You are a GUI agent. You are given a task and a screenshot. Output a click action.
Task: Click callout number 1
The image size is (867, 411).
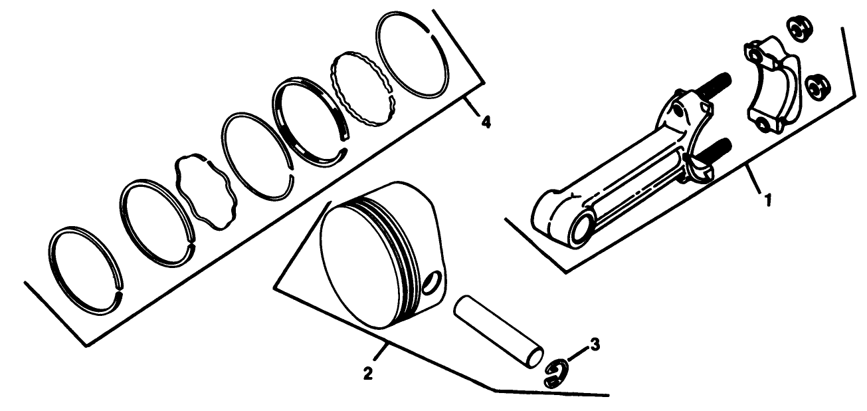pos(767,199)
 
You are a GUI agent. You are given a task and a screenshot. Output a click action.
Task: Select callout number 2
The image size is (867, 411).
pos(367,372)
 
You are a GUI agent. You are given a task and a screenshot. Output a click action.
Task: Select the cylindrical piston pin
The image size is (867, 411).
pos(498,331)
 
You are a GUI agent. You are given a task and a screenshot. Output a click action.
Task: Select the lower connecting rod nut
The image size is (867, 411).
pos(817,87)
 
